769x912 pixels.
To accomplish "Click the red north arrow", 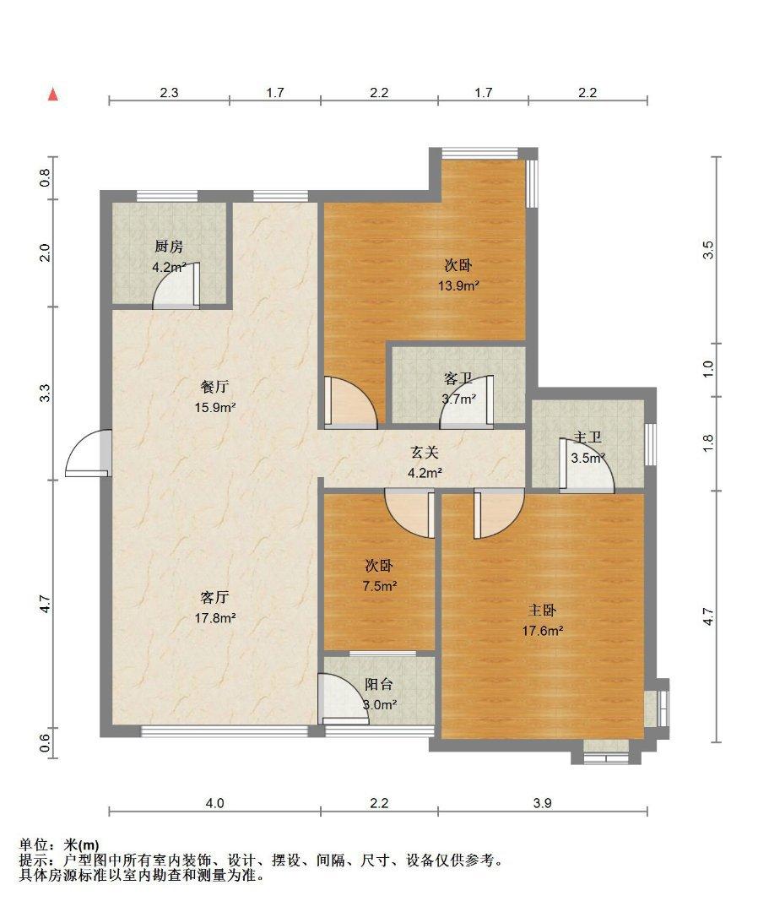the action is [53, 95].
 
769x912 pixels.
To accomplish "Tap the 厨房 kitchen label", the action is [169, 247].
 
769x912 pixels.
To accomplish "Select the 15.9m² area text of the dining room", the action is [215, 407].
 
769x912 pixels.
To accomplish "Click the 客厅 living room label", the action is [214, 597].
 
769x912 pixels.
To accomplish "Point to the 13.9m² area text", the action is [458, 285].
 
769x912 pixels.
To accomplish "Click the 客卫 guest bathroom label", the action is [458, 378].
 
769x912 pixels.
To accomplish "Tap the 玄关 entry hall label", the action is [425, 452].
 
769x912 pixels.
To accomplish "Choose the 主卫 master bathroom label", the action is [587, 437].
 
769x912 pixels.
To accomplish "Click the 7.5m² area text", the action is [380, 586].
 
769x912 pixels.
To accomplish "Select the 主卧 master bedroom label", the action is [542, 611].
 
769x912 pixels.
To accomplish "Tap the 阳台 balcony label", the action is [379, 685].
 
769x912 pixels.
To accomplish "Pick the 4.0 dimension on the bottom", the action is [214, 803].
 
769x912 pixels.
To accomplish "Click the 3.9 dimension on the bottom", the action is [542, 803].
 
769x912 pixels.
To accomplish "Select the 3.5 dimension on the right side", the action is [707, 250].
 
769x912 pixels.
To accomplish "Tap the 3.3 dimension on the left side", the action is [46, 394].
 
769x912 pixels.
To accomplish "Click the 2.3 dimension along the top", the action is [169, 93].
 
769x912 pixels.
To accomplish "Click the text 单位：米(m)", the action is [59, 844].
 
